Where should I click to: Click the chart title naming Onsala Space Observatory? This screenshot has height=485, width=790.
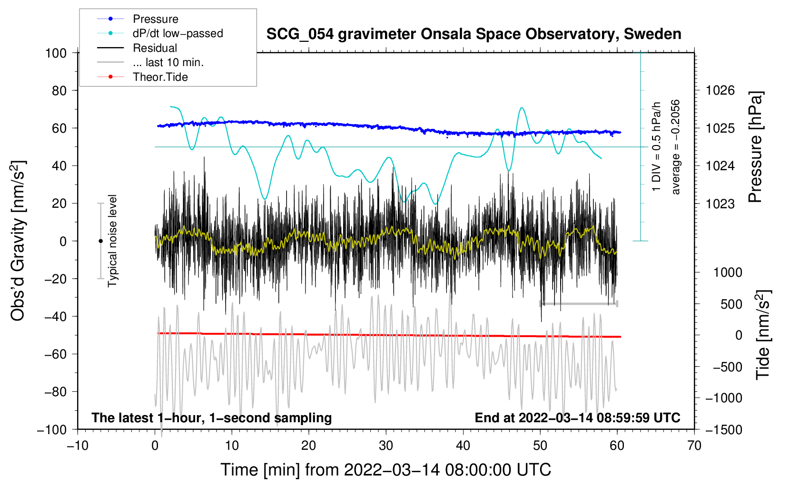point(474,34)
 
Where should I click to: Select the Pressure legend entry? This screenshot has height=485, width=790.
point(155,19)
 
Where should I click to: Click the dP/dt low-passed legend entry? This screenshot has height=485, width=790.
point(178,33)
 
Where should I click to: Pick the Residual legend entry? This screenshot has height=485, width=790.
point(155,48)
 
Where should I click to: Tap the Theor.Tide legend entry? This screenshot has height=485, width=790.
point(160,77)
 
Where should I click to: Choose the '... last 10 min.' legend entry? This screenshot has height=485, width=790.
point(168,62)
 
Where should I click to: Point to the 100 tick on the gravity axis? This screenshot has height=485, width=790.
point(56,53)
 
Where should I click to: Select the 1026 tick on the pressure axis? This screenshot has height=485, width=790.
point(720,90)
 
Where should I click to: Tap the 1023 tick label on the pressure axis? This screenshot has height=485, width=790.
point(720,204)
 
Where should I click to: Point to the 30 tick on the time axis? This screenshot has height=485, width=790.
point(386,446)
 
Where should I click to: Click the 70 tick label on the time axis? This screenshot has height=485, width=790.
point(694,446)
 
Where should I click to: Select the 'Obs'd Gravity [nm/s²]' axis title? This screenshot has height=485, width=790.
point(18,241)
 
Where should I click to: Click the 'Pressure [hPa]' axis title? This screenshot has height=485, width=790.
point(755,147)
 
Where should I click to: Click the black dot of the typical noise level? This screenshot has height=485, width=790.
point(100,241)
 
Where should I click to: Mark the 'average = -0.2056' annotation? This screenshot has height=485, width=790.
point(675,147)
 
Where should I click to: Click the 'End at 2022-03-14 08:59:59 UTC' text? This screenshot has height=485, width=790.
point(577,417)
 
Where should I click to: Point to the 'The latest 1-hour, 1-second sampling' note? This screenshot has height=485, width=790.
point(211,417)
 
